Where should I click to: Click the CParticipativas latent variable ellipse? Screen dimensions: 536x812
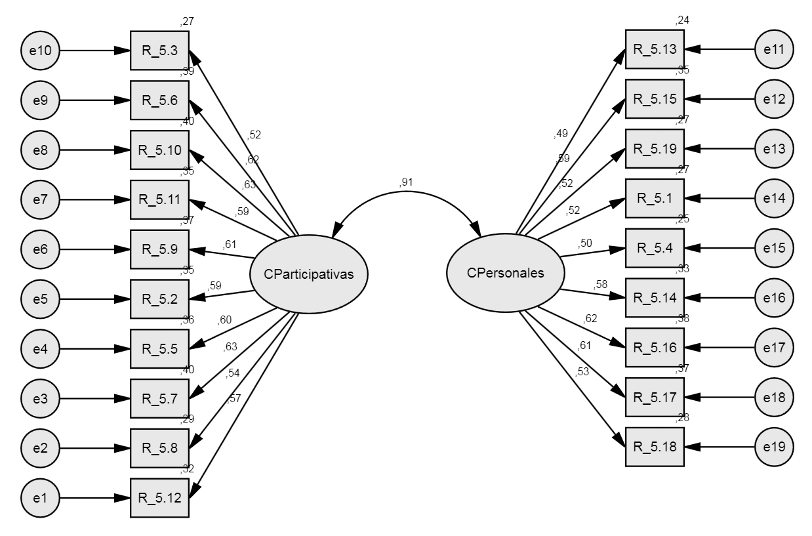[x=308, y=274]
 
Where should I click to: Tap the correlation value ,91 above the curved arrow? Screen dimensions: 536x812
[x=406, y=183]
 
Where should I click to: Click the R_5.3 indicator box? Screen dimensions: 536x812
[x=159, y=50]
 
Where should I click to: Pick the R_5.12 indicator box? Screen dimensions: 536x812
[x=159, y=498]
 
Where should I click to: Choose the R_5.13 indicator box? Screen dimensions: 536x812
[x=655, y=49]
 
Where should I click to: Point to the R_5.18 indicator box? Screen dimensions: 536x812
[x=655, y=447]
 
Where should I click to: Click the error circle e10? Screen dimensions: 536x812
[x=41, y=50]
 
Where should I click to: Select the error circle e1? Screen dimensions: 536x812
[x=41, y=498]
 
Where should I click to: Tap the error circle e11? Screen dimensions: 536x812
[x=774, y=49]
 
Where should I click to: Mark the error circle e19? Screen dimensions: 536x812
[x=774, y=447]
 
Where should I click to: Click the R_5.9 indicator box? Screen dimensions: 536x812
[x=159, y=249]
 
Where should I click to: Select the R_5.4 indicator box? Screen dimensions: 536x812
[x=655, y=248]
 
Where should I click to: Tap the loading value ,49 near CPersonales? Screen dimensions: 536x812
[x=561, y=134]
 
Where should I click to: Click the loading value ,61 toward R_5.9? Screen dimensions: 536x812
[x=230, y=245]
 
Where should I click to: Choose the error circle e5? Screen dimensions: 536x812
[x=41, y=299]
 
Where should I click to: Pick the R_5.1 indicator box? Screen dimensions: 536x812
[x=655, y=198]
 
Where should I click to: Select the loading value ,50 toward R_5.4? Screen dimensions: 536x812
[x=584, y=243]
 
